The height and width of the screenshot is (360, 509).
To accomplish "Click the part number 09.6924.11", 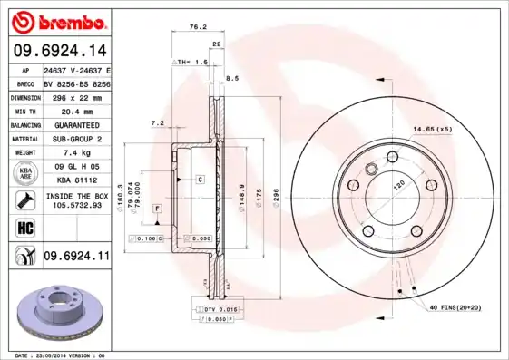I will click(76, 257).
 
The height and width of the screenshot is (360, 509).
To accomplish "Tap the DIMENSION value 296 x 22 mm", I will click(76, 96).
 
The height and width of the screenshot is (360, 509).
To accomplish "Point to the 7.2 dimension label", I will click(156, 122).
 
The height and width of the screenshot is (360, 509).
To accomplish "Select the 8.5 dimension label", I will click(231, 79).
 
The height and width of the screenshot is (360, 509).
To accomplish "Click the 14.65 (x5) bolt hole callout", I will click(431, 130).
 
